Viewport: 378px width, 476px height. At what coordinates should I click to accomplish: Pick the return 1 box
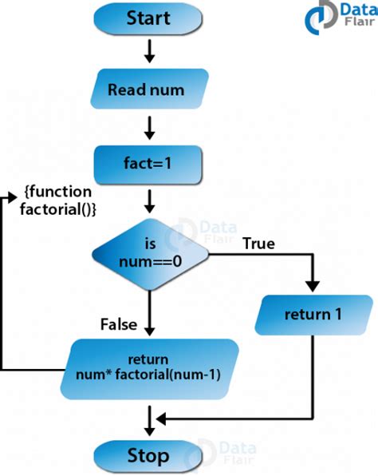pos(313,314)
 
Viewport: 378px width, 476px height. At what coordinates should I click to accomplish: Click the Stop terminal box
pos(148,456)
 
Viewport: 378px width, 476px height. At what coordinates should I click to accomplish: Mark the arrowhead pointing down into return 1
pos(313,288)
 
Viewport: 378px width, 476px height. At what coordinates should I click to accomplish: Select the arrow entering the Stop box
pos(148,423)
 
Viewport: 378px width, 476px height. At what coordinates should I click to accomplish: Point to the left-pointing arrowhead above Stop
pos(160,418)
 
